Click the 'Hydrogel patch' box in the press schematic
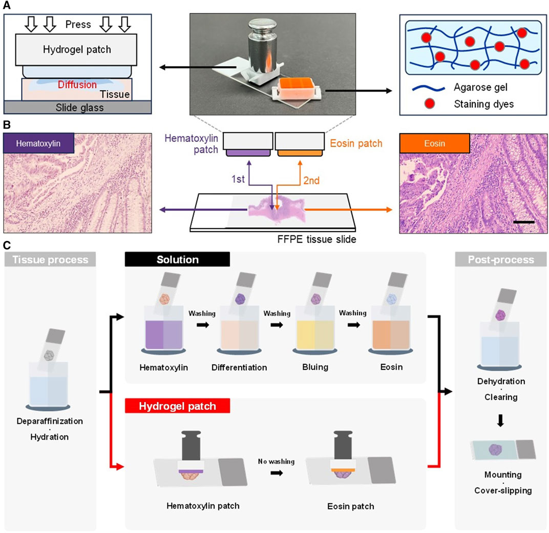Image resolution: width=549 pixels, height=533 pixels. coord(77,50)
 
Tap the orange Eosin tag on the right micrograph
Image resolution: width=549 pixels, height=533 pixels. coord(433,143)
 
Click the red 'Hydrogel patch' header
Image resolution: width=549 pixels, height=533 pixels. coord(178,406)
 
